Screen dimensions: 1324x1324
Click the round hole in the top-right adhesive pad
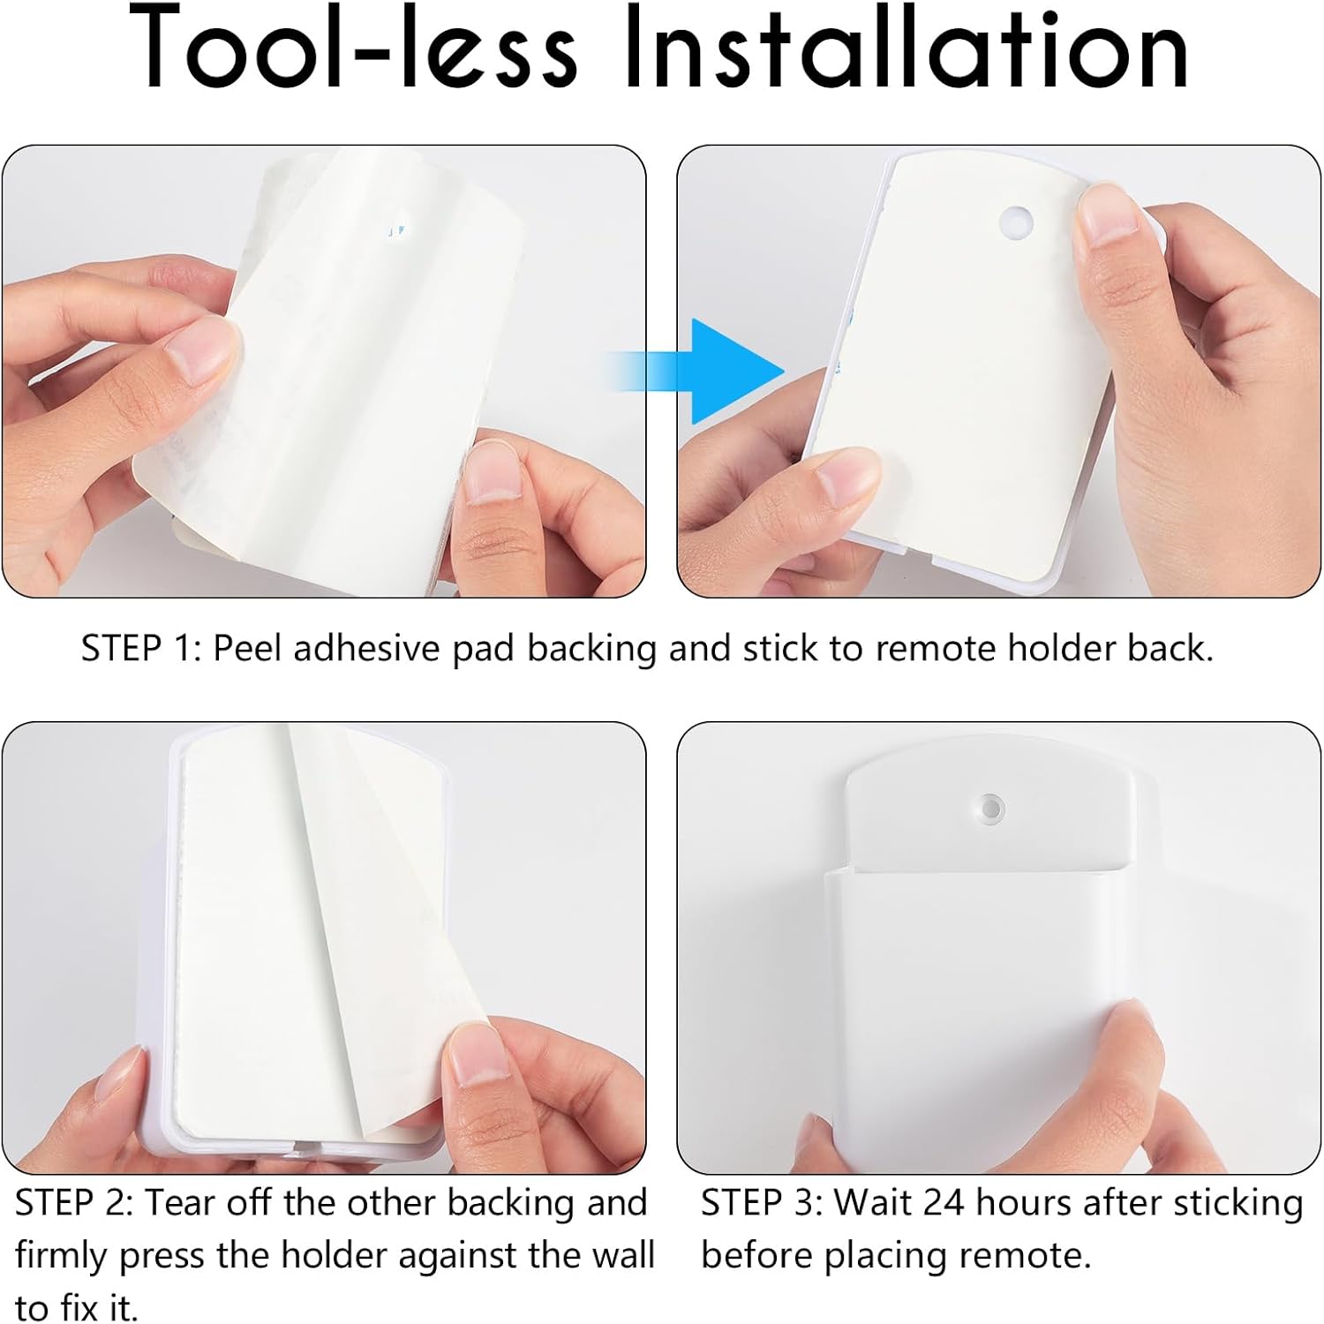click(x=1016, y=222)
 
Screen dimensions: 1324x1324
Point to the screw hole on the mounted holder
click(x=991, y=808)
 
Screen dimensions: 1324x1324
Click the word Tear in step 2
click(x=182, y=1203)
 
